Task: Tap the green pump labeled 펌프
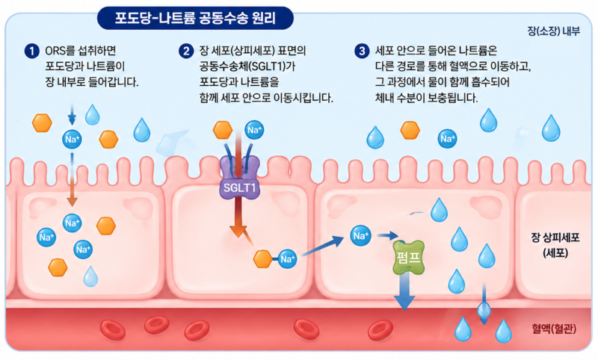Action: click(x=408, y=258)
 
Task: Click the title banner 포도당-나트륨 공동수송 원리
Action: click(x=195, y=16)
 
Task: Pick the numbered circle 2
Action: click(x=186, y=52)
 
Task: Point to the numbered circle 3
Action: click(x=363, y=52)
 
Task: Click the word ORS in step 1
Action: click(x=55, y=52)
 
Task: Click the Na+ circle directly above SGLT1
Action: click(x=254, y=131)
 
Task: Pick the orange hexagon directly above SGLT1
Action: click(x=223, y=130)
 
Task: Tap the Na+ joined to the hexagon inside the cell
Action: click(x=289, y=259)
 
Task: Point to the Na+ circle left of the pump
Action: click(x=360, y=237)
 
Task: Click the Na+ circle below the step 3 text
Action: click(x=448, y=138)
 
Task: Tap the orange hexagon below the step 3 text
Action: click(x=410, y=130)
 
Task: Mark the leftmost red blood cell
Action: click(x=113, y=329)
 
